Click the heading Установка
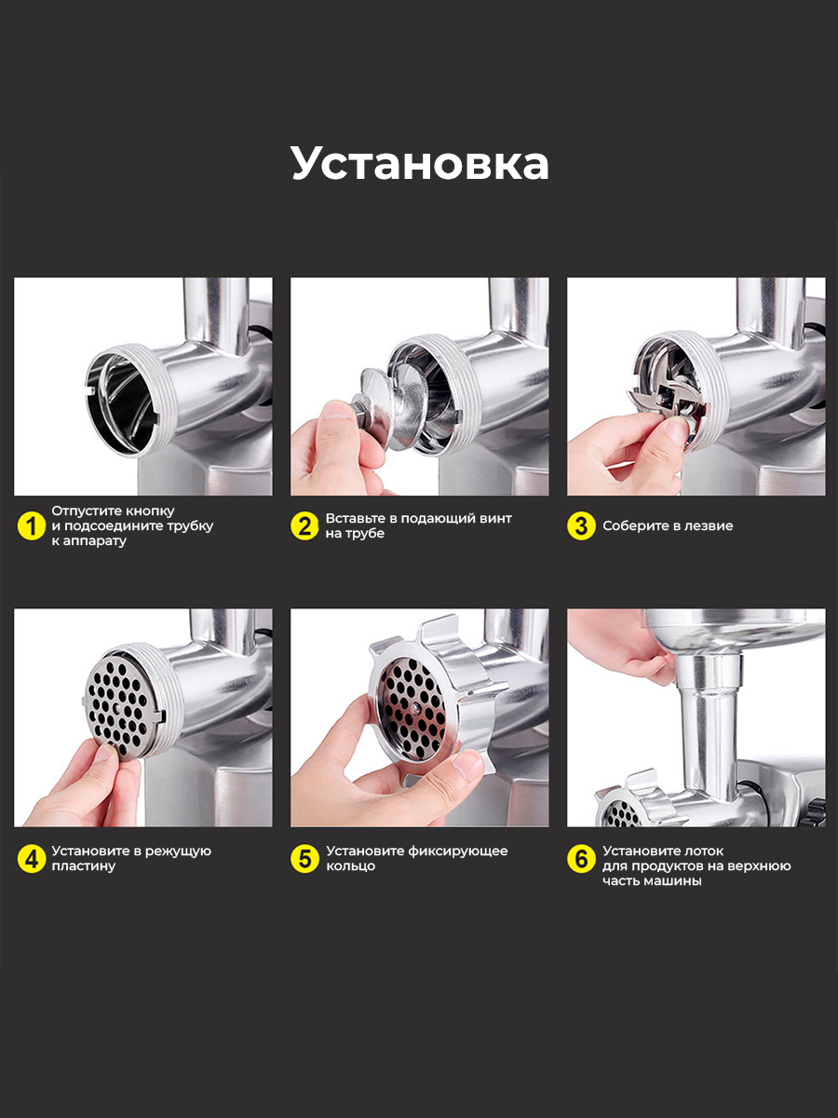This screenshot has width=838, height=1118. pos(420,163)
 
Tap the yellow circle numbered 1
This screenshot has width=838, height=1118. pos(32,525)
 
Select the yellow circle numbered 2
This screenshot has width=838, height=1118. pos(304,525)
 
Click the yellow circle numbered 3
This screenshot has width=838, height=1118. pos(581,525)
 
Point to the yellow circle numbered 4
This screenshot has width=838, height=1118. pos(32,859)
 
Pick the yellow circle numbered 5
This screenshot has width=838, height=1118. pos(304,859)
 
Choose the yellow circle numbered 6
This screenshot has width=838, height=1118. pos(581,859)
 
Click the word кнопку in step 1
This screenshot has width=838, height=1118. pos(150,511)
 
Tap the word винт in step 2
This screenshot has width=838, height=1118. pos(495,518)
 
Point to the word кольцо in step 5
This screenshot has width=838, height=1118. pos(351,866)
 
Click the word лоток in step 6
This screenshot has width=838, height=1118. pos(704,852)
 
